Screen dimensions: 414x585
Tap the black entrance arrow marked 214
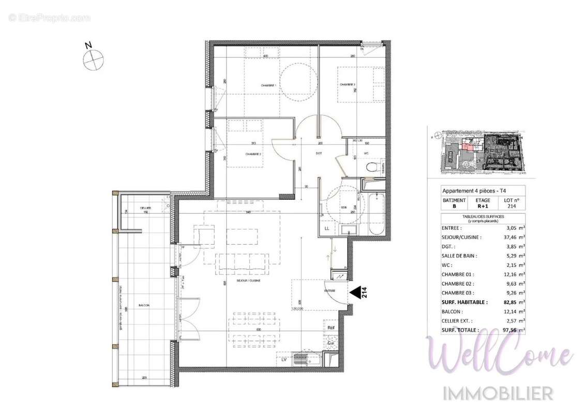(356, 293)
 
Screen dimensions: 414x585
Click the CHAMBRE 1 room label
(267, 85)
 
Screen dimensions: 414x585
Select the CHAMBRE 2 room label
(253, 154)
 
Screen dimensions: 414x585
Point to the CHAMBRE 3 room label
(347, 85)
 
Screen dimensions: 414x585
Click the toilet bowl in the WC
(370, 167)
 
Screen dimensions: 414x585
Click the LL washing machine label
(326, 228)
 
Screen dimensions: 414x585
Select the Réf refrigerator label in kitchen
(329, 328)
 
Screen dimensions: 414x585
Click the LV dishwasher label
(284, 358)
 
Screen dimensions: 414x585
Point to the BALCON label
(144, 305)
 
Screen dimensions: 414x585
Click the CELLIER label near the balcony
(145, 208)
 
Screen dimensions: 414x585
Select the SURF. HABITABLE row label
(464, 302)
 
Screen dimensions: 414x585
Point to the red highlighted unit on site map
(467, 147)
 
